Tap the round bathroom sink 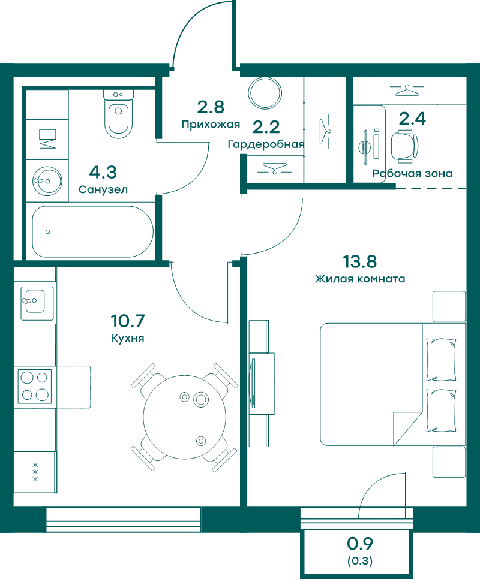tap(47, 181)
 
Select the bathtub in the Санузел tap(92, 231)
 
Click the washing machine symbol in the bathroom tap(47, 139)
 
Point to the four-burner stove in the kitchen tap(35, 387)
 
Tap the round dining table tap(184, 417)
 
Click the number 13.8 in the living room tap(359, 261)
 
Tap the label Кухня tap(128, 338)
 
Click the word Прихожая tap(211, 125)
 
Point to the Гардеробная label tap(266, 144)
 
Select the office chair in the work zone tap(404, 146)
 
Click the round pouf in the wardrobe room tap(265, 93)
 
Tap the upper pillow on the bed tap(441, 360)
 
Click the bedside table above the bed tap(449, 307)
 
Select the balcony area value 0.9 tap(360, 544)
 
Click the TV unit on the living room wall tap(262, 383)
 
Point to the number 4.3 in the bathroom tap(103, 172)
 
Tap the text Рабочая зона tap(412, 174)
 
